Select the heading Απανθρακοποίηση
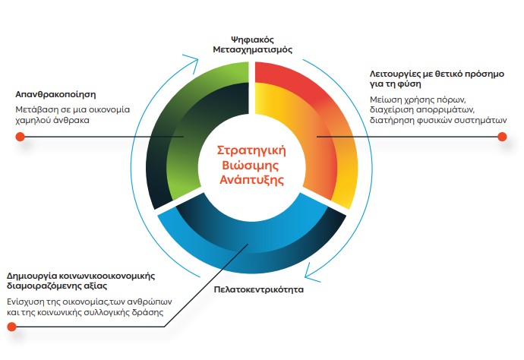pos(55,96)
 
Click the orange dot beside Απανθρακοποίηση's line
pos(21,137)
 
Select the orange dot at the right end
pos(501,137)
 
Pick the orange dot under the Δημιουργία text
pos(12,327)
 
